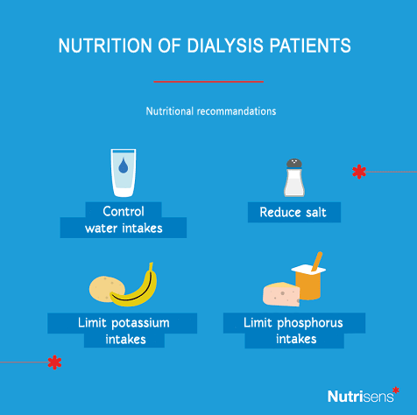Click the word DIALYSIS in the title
[x=225, y=46]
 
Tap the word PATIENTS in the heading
[x=310, y=46]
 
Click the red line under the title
[x=208, y=81]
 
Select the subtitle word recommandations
[x=237, y=111]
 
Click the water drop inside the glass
[x=124, y=165]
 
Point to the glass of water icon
[x=124, y=172]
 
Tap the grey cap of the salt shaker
[x=294, y=164]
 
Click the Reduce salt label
[x=293, y=212]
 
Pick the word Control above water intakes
[x=124, y=211]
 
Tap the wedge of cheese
[x=281, y=294]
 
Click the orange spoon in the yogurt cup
[x=317, y=261]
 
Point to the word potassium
[x=140, y=323]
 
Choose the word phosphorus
[x=310, y=323]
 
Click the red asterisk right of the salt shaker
[x=359, y=172]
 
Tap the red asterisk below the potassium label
[x=54, y=362]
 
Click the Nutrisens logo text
[x=360, y=397]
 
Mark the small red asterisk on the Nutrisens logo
[x=396, y=390]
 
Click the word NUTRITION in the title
[x=105, y=46]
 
